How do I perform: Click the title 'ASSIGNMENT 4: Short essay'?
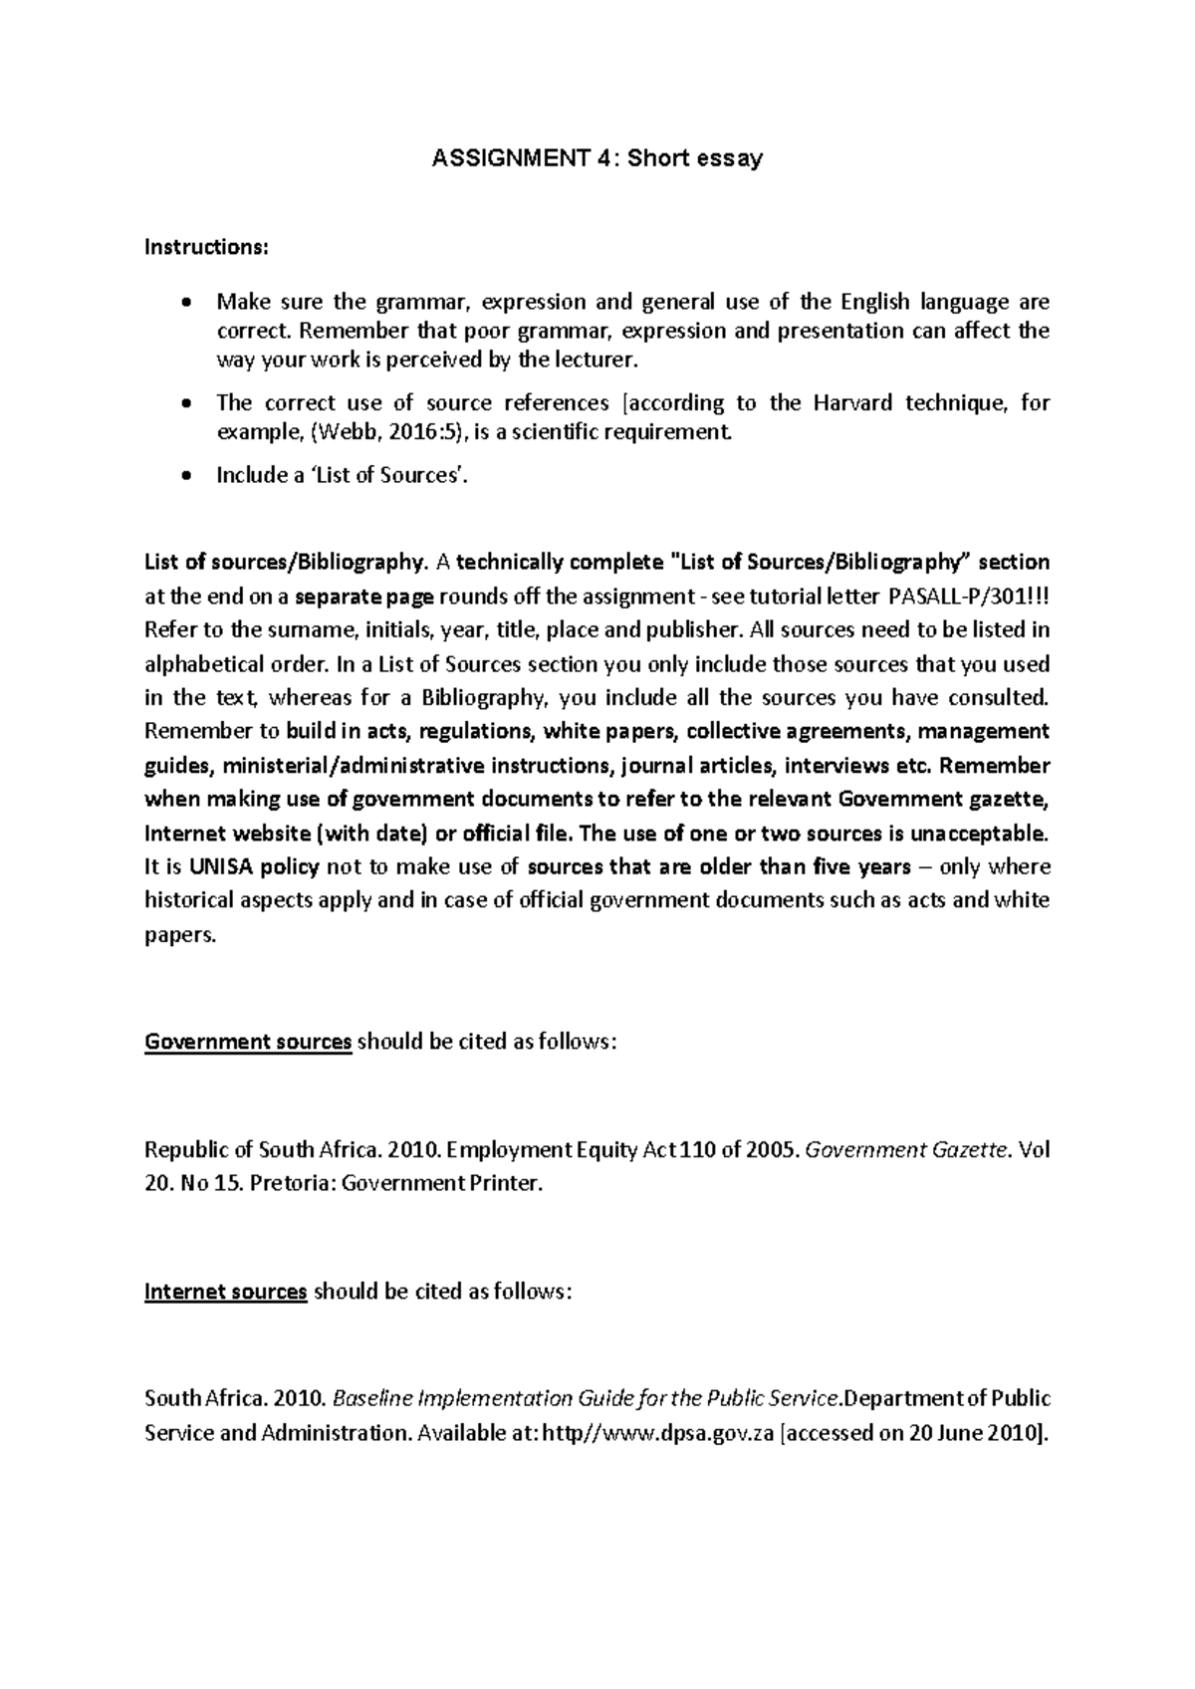(x=597, y=157)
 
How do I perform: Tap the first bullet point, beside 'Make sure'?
(x=186, y=303)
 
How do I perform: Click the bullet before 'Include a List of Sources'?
(x=186, y=476)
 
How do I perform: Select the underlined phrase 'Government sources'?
(x=248, y=1042)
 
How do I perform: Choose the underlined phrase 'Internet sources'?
(x=226, y=1292)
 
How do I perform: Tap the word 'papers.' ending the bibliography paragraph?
(x=179, y=935)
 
